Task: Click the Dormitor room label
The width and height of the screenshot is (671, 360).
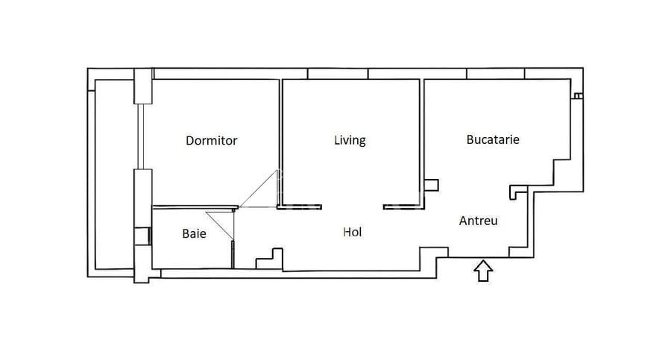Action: [211, 140]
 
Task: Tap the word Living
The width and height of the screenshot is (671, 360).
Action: [350, 139]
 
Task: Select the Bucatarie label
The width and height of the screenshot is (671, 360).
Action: [493, 139]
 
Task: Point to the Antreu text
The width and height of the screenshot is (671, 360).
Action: [478, 221]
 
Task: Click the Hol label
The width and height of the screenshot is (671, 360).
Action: [352, 232]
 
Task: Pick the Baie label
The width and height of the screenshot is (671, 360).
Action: [194, 233]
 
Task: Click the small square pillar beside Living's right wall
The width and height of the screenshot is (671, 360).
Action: [432, 185]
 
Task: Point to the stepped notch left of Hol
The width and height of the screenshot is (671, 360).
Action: [270, 258]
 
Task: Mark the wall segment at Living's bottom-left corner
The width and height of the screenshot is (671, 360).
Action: [300, 206]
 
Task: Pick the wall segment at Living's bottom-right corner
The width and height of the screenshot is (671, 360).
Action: [403, 206]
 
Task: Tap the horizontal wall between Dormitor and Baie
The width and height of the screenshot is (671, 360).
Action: [194, 206]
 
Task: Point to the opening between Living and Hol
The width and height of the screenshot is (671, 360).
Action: [352, 206]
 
